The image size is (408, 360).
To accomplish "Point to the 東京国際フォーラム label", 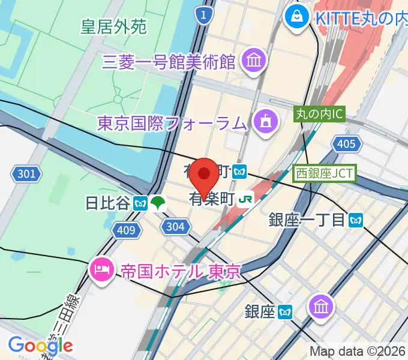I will point(172,124).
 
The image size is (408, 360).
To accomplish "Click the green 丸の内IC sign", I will point(320,112).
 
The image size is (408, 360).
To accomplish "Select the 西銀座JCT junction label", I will point(325,174).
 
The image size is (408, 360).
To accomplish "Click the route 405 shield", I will point(346,143).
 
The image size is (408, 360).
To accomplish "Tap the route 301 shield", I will point(26,175).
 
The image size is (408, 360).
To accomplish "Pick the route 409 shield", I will point(127,229).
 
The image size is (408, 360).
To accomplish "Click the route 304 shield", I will point(175,226).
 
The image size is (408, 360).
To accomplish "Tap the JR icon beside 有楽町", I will point(245,198).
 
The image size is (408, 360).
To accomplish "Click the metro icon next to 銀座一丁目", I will point(356,220).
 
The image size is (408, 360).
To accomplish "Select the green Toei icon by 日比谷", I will point(158,203).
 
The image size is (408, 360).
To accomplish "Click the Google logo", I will point(41,345).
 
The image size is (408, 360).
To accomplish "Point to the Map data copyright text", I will point(358,352).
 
